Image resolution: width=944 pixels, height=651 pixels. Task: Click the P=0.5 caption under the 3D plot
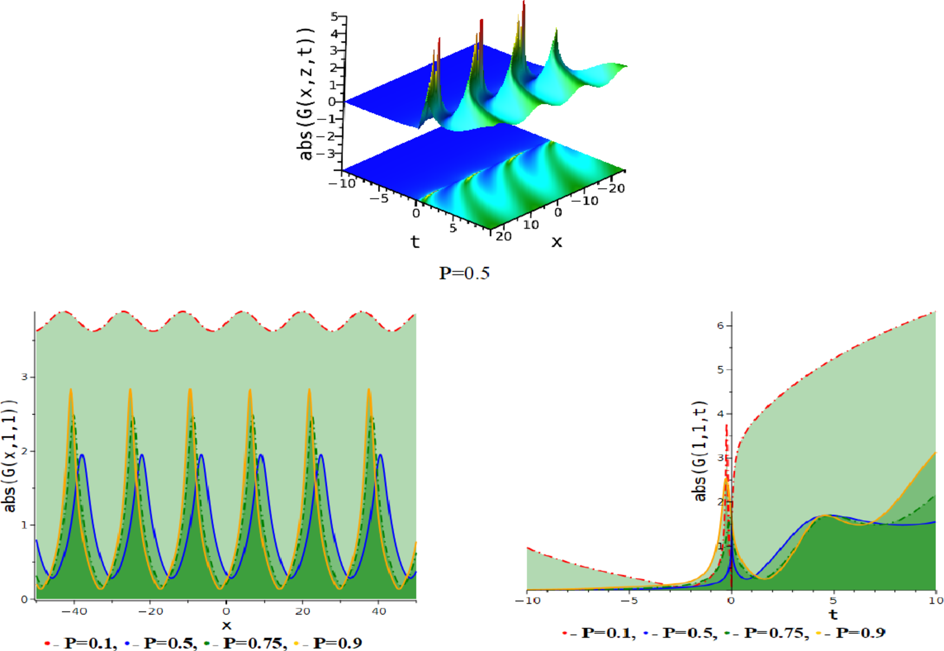464,273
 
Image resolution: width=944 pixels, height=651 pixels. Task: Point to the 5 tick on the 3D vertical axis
334,17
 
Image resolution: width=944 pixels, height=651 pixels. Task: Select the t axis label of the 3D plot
415,242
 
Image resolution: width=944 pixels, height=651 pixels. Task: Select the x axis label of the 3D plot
557,242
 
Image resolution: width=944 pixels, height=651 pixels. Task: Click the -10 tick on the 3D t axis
342,183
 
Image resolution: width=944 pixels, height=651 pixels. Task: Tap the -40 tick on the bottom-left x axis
74,611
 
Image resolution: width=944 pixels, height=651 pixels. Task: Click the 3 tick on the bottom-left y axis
24,377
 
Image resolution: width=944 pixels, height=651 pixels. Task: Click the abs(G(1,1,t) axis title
700,451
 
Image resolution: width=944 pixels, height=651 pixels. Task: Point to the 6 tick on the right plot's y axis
720,326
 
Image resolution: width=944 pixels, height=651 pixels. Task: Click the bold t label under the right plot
833,615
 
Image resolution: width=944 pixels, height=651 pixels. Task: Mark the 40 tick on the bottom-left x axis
378,611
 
